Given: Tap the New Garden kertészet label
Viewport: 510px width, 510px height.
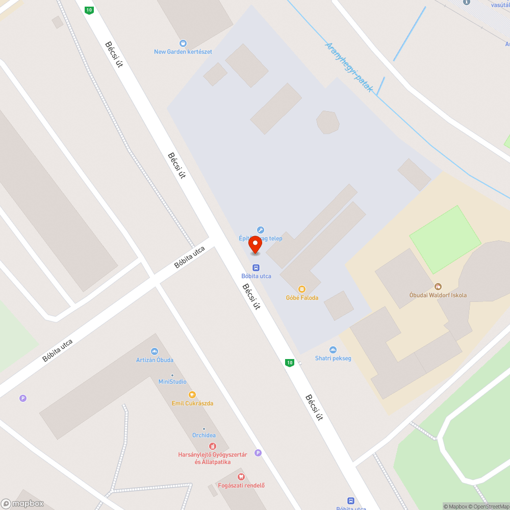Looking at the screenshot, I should (183, 52).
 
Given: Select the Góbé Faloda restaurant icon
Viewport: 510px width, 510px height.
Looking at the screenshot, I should (302, 289).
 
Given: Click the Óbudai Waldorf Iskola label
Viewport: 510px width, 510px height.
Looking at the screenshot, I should (438, 295).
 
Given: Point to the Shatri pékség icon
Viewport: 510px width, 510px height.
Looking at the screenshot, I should (333, 349).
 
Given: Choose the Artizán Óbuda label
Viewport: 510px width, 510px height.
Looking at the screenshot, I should (154, 360).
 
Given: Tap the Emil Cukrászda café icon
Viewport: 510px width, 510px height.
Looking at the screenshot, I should (192, 394).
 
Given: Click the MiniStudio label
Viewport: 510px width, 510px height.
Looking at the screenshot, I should (172, 381).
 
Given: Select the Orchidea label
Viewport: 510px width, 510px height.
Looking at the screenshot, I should (203, 435).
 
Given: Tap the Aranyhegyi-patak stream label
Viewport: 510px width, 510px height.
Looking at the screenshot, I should (349, 67).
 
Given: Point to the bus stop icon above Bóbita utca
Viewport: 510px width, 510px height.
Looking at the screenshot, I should (256, 267).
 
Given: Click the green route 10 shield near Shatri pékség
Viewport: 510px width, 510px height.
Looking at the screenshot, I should (290, 363).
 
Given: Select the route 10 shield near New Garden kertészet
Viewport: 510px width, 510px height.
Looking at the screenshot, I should (89, 10).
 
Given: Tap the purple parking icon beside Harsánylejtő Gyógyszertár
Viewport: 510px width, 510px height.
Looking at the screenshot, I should (258, 452).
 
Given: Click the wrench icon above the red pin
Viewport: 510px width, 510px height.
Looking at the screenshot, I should (261, 230).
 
